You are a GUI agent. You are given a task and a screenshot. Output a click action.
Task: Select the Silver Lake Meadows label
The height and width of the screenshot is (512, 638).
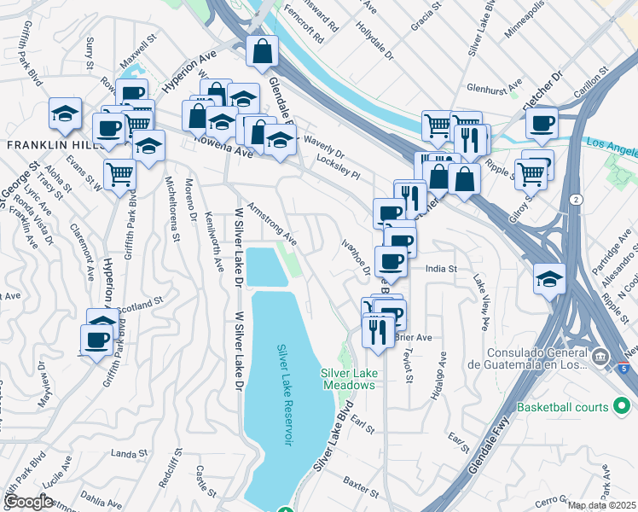click(348, 379)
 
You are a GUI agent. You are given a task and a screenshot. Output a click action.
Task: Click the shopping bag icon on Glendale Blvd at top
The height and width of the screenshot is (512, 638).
click(262, 51)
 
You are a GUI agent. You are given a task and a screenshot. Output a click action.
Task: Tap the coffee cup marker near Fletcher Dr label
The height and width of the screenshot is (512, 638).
click(542, 123)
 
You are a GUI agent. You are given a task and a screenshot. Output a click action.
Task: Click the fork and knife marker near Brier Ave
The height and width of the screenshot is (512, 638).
click(377, 329)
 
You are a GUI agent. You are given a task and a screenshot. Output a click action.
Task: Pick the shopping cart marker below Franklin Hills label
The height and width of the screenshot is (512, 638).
click(120, 174)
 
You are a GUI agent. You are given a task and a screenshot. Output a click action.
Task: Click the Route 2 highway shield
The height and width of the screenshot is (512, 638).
click(578, 199)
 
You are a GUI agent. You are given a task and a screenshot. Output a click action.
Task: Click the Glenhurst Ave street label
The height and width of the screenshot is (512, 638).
click(493, 88)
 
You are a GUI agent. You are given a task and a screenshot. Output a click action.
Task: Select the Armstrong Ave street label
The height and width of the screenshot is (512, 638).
click(272, 224)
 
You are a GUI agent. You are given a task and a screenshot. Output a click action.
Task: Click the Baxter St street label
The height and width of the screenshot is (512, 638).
click(360, 488)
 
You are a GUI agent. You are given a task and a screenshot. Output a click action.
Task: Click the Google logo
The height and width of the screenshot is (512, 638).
click(29, 502)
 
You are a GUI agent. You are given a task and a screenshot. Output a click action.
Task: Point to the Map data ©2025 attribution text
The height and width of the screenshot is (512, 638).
click(600, 505)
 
